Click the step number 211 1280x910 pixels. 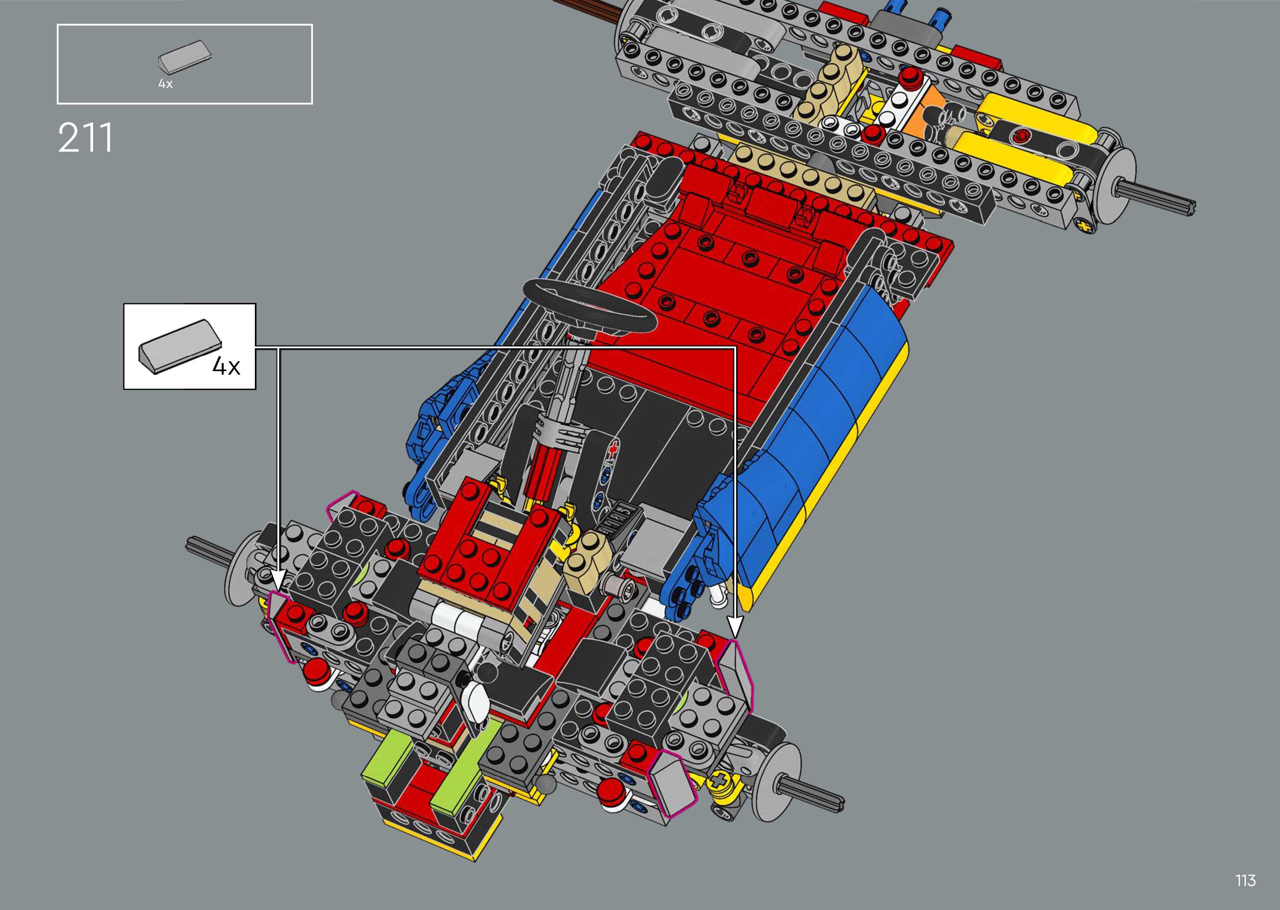click(85, 138)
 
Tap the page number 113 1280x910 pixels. click(1245, 880)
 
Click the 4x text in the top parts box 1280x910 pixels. click(165, 84)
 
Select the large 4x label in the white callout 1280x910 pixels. click(226, 366)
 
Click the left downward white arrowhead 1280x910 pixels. click(279, 581)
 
